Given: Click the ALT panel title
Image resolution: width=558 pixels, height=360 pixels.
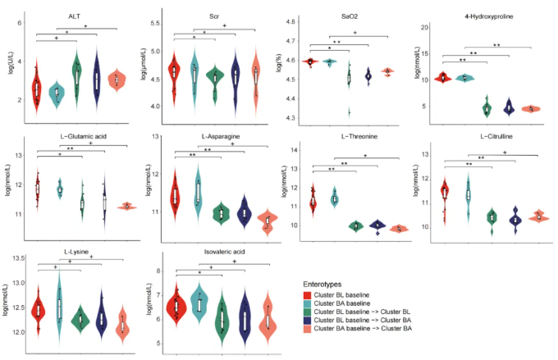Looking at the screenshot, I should tap(74, 15).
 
